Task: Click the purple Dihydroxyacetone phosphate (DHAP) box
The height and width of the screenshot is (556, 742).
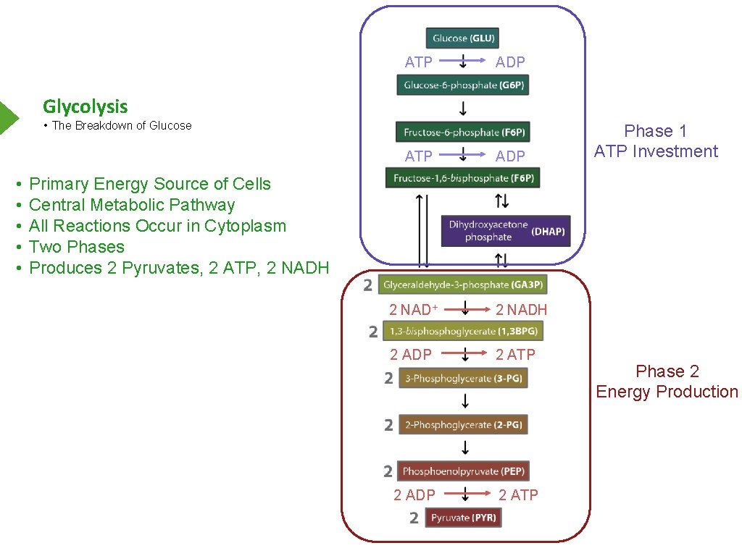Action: pyautogui.click(x=506, y=231)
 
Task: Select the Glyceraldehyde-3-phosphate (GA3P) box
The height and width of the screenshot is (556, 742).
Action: pyautogui.click(x=462, y=285)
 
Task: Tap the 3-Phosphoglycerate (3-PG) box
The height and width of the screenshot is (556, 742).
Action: pyautogui.click(x=463, y=378)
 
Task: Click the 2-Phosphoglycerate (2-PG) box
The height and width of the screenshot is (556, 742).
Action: pyautogui.click(x=463, y=425)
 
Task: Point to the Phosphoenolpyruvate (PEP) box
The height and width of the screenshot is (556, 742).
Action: pyautogui.click(x=463, y=471)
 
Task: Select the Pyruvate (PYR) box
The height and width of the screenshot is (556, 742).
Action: pyautogui.click(x=463, y=518)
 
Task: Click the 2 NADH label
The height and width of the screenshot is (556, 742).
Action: pyautogui.click(x=521, y=310)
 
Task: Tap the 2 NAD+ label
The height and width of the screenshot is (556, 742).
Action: pyautogui.click(x=414, y=310)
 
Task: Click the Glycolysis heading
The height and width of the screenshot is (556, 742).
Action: pyautogui.click(x=86, y=106)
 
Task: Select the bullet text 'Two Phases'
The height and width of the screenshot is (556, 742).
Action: pyautogui.click(x=77, y=247)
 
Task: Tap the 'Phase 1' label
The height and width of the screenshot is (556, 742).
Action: pyautogui.click(x=655, y=131)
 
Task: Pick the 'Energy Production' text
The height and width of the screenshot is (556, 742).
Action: pyautogui.click(x=667, y=392)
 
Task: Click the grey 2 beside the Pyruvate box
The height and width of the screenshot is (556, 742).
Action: pyautogui.click(x=414, y=518)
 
